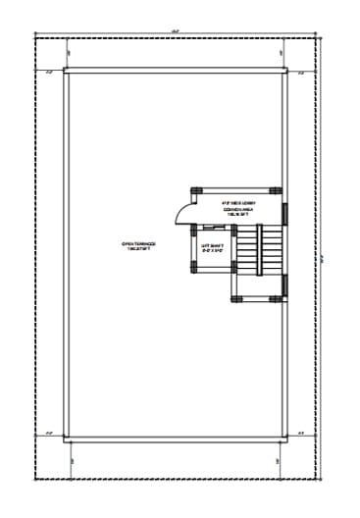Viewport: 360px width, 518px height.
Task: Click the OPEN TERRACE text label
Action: [x=137, y=247]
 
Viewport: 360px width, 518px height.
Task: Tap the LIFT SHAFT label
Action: [x=214, y=249]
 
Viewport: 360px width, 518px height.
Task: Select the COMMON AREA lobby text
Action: [x=239, y=207]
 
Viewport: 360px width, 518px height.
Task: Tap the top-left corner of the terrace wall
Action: [x=66, y=72]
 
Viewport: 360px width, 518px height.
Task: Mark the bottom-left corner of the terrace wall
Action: [x=66, y=439]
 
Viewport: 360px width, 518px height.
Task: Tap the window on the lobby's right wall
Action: [x=284, y=212]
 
